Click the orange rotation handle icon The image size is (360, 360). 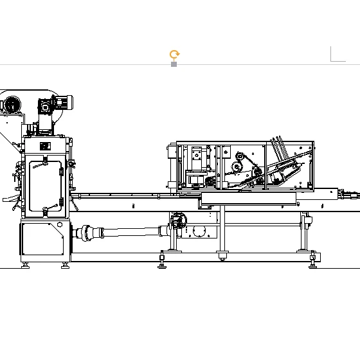(174, 55)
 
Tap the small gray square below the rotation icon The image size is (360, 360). (174, 64)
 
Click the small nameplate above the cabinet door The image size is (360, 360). (44, 147)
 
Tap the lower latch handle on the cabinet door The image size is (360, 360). (46, 210)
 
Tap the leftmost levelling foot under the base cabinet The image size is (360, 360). (25, 264)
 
